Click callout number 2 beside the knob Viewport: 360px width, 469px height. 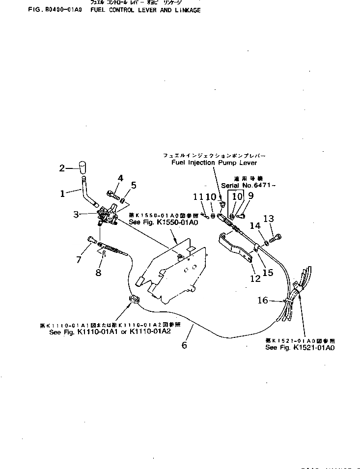click(x=62, y=168)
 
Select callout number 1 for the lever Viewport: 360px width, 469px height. click(x=62, y=193)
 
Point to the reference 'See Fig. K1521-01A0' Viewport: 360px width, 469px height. click(x=300, y=347)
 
